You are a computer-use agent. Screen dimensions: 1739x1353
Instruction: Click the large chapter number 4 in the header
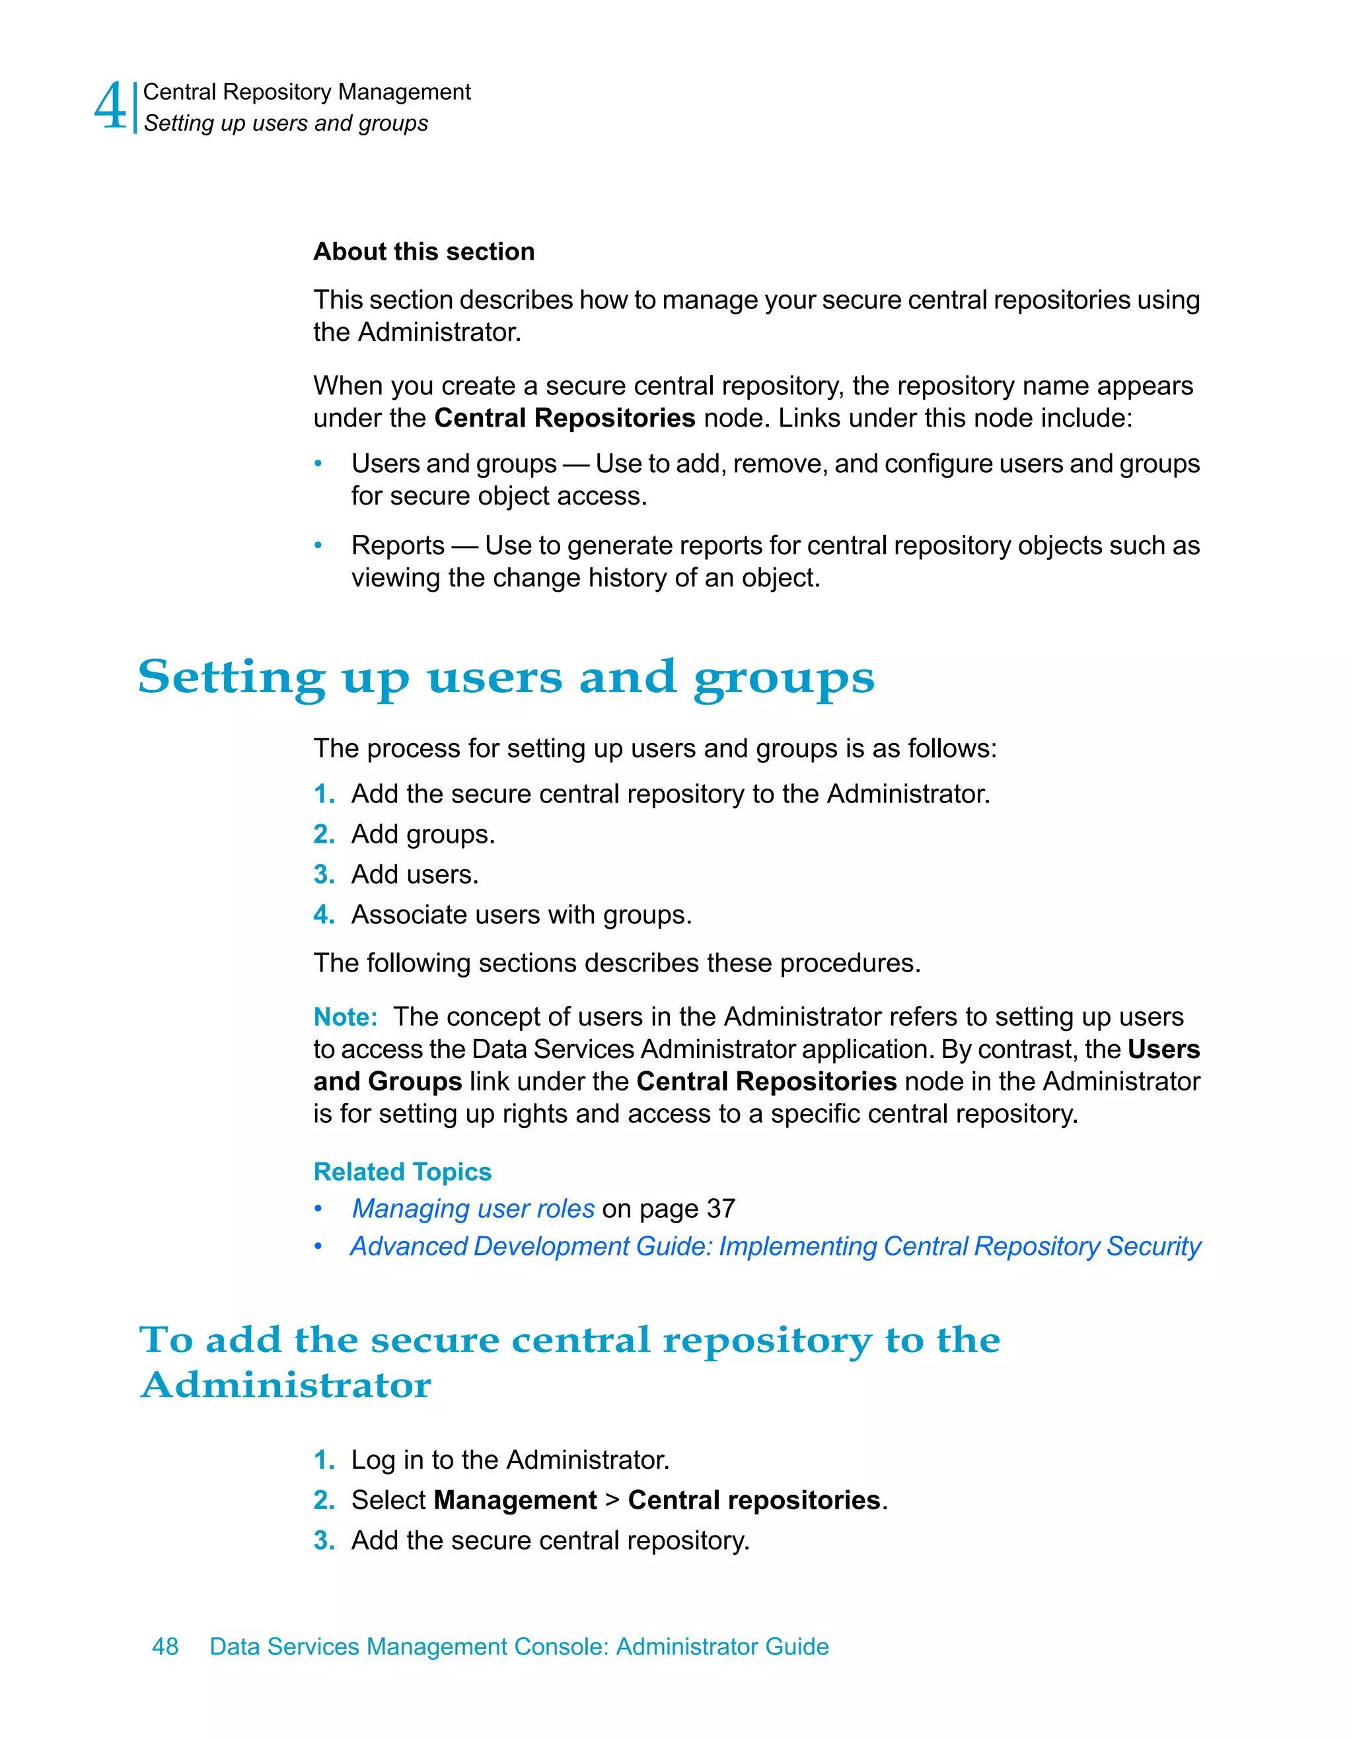pos(110,107)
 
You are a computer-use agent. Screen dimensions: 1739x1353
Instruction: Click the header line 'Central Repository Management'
pos(307,92)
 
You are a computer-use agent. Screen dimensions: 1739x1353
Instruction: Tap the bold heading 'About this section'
pos(423,252)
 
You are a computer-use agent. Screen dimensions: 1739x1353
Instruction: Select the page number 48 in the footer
pos(165,1646)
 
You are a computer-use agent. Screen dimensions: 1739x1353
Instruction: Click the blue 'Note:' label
pos(345,1017)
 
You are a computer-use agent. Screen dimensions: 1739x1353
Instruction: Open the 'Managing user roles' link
pos(473,1209)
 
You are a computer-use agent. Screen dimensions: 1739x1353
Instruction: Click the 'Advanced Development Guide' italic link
pos(775,1246)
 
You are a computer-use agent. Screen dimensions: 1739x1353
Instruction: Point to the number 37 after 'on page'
pos(721,1209)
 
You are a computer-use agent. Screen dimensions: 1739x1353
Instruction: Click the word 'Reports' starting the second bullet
pos(398,546)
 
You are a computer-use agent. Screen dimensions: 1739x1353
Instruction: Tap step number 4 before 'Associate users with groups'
pos(322,914)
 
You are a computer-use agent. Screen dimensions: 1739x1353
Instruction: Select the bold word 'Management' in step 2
pos(515,1500)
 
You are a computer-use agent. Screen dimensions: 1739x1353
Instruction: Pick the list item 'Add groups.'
pos(423,834)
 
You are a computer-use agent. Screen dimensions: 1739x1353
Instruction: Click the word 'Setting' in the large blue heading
pos(231,678)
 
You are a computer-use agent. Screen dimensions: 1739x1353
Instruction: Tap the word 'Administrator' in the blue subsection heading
pos(286,1385)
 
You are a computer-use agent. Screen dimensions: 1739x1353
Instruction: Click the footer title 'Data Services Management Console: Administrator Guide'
pos(519,1646)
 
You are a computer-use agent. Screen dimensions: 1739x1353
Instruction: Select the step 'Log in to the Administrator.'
pos(509,1460)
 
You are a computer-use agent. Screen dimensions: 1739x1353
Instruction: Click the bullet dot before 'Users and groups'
pos(318,464)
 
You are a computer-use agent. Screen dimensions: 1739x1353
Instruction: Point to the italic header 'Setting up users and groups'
pos(286,124)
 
